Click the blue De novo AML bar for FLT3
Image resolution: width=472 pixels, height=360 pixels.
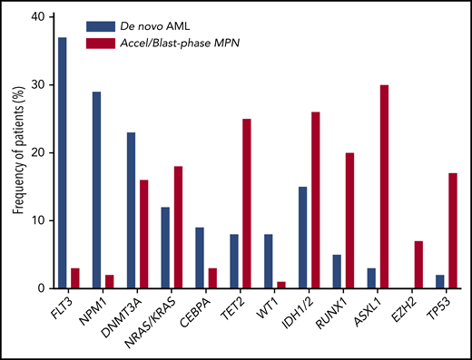(62, 163)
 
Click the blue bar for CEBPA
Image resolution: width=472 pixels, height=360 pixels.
(200, 258)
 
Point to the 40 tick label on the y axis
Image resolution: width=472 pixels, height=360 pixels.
(35, 17)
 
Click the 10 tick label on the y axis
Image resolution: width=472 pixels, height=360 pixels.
(35, 220)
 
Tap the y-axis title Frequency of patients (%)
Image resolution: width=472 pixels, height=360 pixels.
(15, 152)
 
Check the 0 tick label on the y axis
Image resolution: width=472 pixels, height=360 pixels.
(38, 288)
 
